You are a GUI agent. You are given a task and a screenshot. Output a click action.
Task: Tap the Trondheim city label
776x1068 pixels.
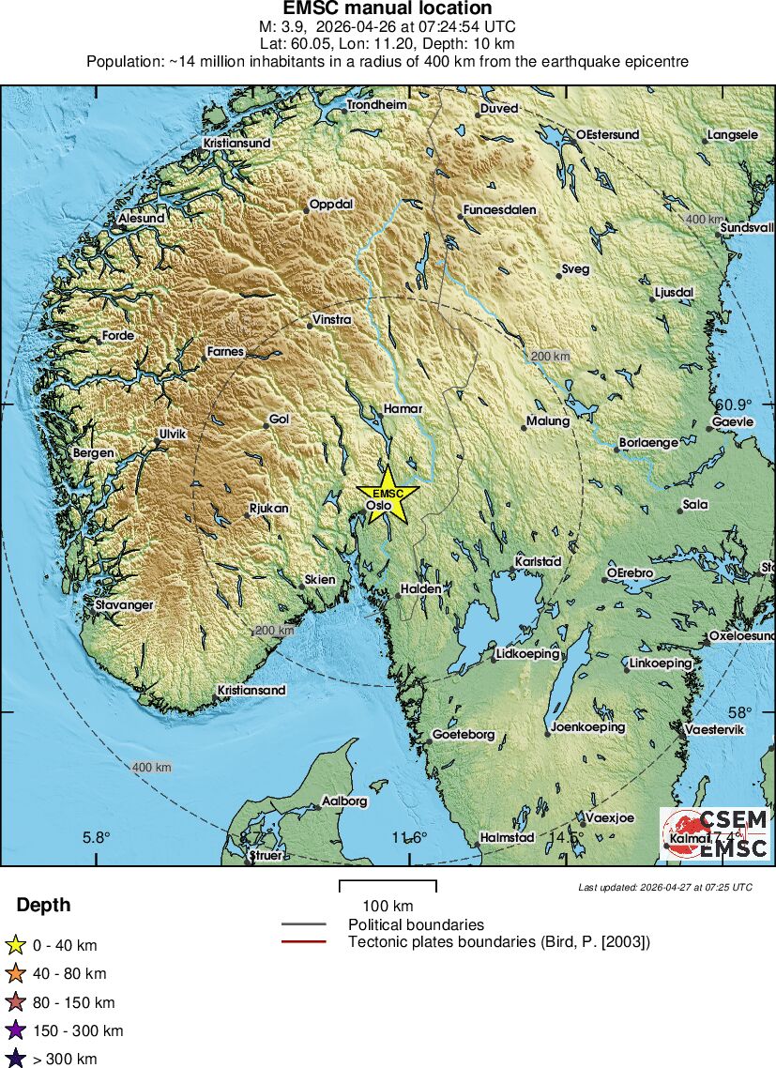click(377, 105)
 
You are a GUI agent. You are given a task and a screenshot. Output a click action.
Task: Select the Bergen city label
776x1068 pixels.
click(93, 453)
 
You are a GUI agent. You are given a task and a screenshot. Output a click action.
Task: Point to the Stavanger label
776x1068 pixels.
click(124, 605)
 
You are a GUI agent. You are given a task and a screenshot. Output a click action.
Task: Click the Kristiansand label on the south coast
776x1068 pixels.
click(251, 690)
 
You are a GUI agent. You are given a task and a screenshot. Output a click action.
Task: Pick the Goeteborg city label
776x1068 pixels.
click(463, 735)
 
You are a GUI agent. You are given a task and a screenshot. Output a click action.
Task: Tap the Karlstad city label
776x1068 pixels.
click(538, 561)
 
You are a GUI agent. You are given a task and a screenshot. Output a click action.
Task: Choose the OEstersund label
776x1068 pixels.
click(607, 134)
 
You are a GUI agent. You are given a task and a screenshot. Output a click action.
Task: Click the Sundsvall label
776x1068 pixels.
click(747, 227)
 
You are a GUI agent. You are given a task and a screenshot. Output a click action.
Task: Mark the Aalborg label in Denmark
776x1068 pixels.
click(344, 801)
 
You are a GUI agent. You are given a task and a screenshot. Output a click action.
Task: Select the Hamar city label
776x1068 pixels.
click(403, 409)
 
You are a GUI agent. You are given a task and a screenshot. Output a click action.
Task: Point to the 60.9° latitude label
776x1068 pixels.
click(734, 404)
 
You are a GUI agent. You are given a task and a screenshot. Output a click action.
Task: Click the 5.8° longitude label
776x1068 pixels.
click(96, 837)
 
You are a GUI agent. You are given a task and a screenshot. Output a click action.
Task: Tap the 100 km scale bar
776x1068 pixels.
click(388, 886)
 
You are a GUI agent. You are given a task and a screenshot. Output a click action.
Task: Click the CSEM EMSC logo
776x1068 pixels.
click(715, 834)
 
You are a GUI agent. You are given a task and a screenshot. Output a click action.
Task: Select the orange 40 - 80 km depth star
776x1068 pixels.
click(15, 973)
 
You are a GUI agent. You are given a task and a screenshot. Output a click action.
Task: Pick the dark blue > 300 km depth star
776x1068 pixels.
click(15, 1060)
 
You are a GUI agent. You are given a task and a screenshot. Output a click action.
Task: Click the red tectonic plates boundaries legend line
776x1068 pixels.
click(304, 941)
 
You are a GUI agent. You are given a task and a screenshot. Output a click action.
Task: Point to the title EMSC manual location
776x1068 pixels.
click(388, 9)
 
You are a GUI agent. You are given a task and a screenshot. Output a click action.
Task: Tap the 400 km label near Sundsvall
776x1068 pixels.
click(704, 219)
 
